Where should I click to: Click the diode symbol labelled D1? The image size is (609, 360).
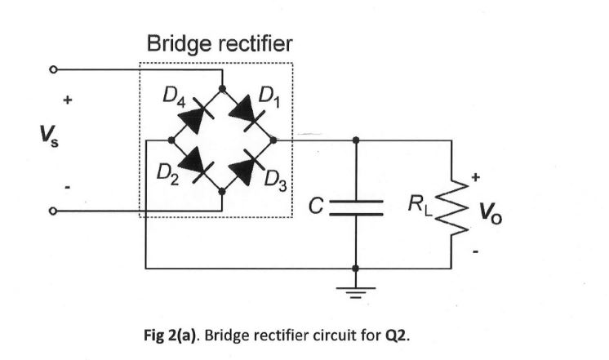click(x=248, y=113)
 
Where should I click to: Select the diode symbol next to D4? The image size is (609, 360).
click(x=196, y=113)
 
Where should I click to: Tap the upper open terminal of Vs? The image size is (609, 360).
click(x=54, y=70)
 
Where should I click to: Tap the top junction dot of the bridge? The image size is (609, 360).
click(x=223, y=87)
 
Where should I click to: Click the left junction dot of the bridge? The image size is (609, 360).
click(x=171, y=139)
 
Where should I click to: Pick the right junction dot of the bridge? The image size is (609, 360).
click(x=274, y=139)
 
